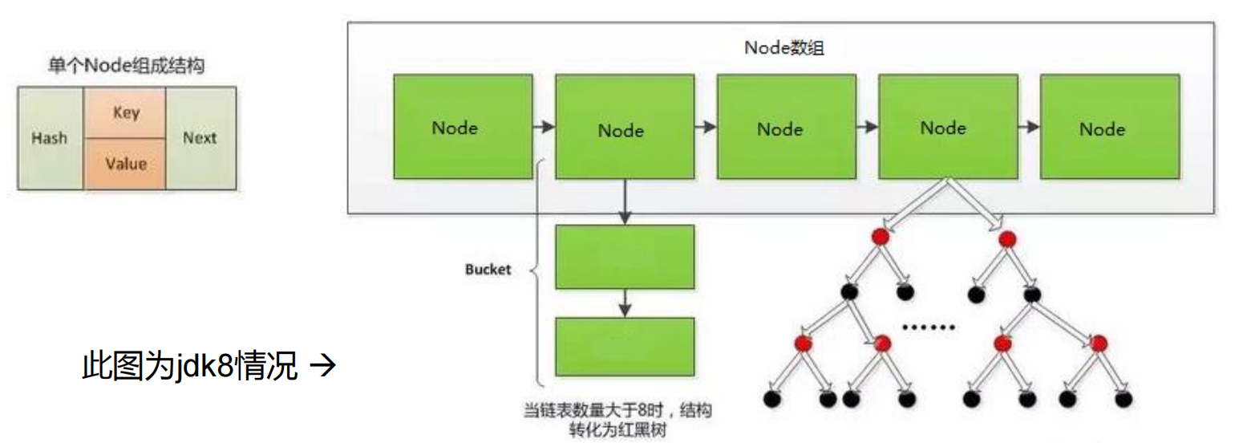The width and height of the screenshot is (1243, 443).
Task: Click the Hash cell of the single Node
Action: (50, 138)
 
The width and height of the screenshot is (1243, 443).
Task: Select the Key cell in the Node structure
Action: (126, 112)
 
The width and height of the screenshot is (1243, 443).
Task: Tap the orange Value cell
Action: (126, 164)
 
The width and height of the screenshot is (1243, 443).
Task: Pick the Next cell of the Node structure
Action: (200, 138)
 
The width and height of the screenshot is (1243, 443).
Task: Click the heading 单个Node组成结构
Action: (126, 67)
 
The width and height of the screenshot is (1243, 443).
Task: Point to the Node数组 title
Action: (784, 47)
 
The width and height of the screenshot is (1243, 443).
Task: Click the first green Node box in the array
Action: (463, 126)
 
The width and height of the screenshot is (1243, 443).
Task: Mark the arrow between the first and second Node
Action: (544, 127)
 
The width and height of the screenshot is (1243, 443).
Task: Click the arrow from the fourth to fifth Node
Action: (1028, 127)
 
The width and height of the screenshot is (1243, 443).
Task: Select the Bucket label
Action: (488, 270)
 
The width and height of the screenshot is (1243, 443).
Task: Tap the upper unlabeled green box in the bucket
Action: (625, 257)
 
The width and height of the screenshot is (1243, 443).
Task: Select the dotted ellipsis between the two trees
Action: (929, 327)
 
